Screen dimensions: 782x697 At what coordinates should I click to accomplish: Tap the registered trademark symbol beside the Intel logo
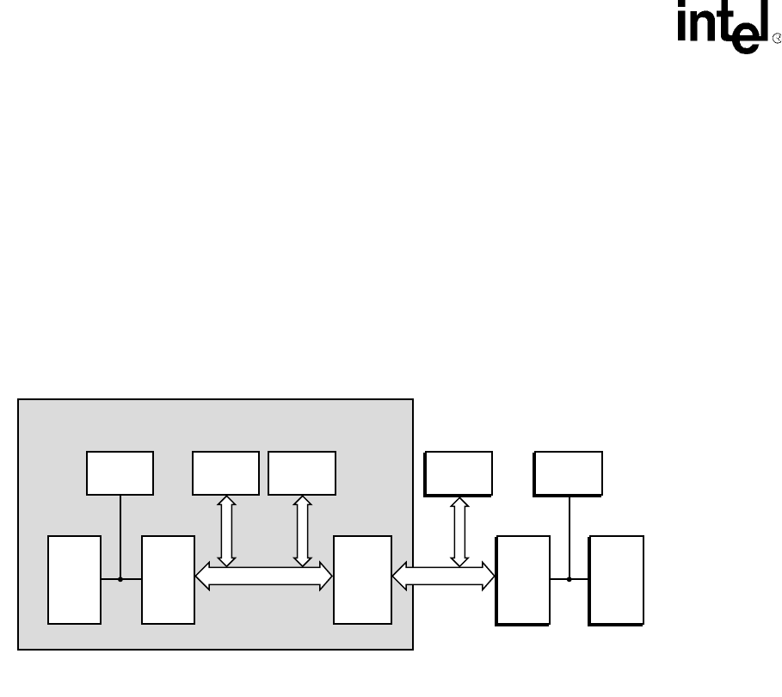[777, 39]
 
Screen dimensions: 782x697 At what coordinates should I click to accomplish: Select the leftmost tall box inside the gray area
[74, 580]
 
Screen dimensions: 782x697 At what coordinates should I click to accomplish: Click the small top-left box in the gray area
[120, 473]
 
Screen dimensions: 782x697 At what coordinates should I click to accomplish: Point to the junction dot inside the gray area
[120, 579]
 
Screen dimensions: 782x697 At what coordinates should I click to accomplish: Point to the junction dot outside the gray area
[569, 579]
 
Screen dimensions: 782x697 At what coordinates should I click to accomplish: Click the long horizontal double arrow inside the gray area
[263, 577]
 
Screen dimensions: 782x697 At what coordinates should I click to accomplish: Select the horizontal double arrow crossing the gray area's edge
[443, 577]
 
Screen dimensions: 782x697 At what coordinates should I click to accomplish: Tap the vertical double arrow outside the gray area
[459, 532]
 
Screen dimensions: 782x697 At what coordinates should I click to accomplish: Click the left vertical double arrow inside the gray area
[226, 530]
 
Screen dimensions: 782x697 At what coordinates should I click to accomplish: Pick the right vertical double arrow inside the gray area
[302, 530]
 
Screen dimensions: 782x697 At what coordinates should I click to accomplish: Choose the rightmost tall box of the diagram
[616, 580]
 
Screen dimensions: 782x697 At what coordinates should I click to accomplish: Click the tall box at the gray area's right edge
[362, 580]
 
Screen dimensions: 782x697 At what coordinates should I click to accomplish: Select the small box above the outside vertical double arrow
[459, 474]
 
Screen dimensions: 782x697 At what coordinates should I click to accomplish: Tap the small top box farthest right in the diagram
[568, 474]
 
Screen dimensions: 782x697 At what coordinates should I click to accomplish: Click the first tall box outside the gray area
[523, 580]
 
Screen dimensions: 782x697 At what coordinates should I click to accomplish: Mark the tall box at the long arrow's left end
[168, 580]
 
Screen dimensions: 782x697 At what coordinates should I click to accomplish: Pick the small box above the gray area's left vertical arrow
[225, 473]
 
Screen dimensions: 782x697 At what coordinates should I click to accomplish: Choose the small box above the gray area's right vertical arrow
[302, 473]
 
